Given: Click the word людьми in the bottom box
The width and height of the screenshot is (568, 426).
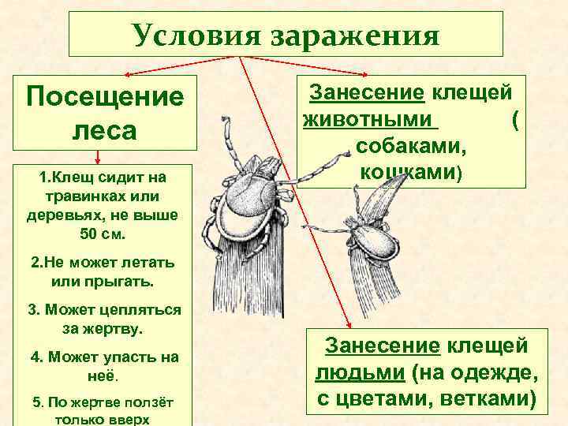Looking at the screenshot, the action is click(x=352, y=372).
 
